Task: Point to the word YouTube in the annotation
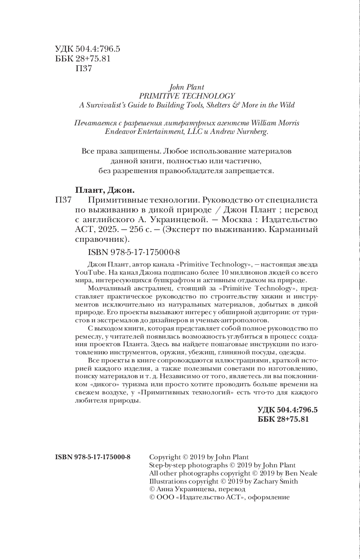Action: [89, 272]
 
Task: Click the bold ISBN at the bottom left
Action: [93, 457]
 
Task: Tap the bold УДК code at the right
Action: [288, 410]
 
